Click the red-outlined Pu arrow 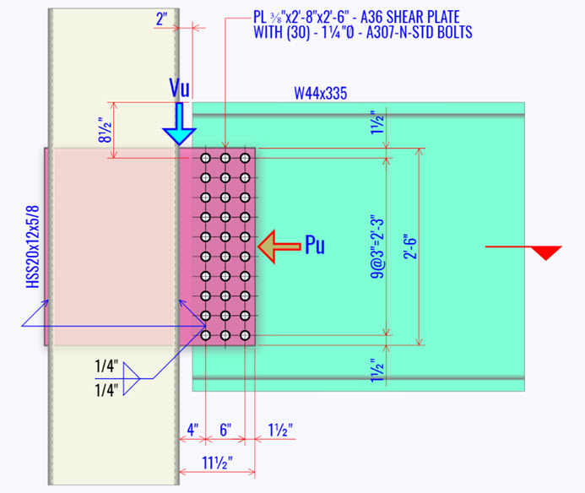(279, 246)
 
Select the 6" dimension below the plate (226, 429)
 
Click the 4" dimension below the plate (192, 429)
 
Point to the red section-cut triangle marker (549, 252)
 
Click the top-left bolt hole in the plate (204, 158)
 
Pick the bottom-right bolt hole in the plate (245, 335)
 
